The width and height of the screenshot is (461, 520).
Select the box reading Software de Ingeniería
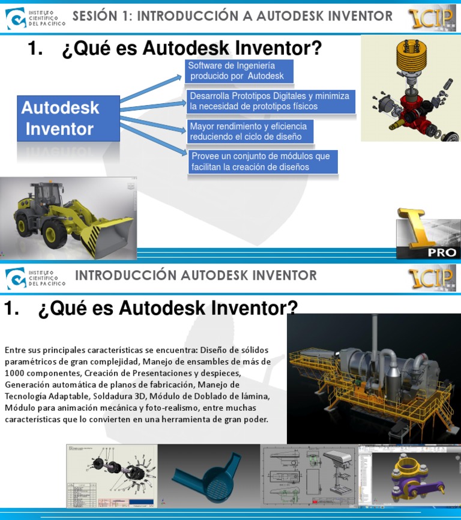click(239, 71)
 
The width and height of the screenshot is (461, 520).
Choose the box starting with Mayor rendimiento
click(251, 132)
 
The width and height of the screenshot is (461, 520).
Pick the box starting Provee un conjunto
click(263, 162)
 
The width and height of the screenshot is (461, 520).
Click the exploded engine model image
click(410, 89)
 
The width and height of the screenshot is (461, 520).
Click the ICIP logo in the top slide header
click(432, 18)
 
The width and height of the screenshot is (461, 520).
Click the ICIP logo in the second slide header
click(432, 279)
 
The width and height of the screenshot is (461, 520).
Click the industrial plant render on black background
click(373, 378)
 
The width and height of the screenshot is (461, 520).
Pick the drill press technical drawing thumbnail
click(309, 476)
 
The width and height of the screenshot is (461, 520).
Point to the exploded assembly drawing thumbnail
click(112, 476)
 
